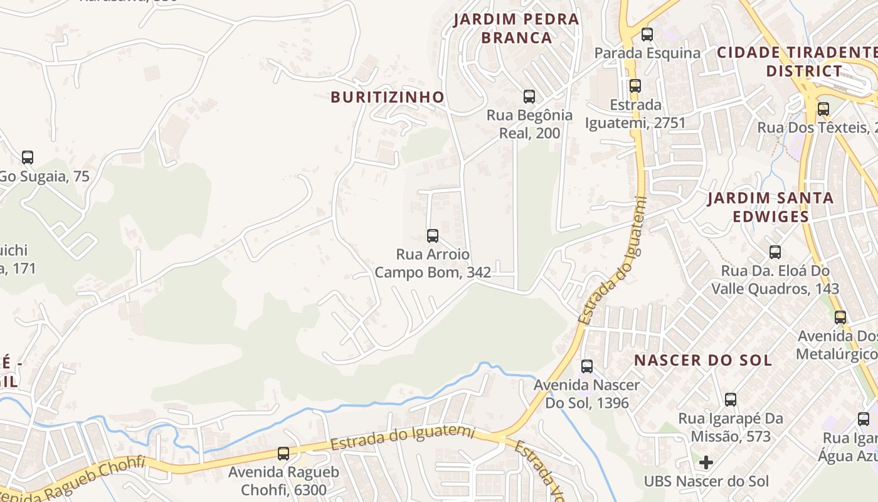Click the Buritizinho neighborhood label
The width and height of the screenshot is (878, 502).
coord(387,97)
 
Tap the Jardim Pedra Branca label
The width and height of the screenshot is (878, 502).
coord(516,28)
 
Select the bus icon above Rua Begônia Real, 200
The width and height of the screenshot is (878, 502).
coord(529,97)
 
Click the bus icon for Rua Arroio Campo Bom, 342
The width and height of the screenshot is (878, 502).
coord(433,236)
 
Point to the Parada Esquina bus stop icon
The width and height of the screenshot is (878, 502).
coord(647,35)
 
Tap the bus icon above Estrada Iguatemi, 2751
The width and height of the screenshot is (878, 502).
coord(635,86)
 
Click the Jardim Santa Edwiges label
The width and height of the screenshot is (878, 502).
coord(771,207)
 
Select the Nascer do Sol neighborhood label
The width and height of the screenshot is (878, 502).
coord(703,360)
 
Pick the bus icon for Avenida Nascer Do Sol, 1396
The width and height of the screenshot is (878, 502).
coord(587,366)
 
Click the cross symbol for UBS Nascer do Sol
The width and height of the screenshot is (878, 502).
coord(706,462)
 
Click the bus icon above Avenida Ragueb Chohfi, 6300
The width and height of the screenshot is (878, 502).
coord(283,453)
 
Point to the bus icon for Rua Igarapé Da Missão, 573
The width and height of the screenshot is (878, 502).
coord(731,400)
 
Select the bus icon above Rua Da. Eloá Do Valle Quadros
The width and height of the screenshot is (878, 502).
coord(775,252)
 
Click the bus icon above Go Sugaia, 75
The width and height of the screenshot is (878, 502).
coord(28,158)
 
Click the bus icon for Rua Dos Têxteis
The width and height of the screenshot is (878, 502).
coord(823,109)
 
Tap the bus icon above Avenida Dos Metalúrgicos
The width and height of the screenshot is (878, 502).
coord(840,318)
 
